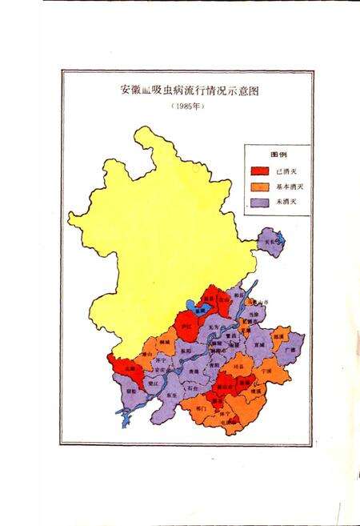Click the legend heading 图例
tap(278, 155)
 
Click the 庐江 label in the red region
tap(186, 327)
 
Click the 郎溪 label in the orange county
tap(278, 338)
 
